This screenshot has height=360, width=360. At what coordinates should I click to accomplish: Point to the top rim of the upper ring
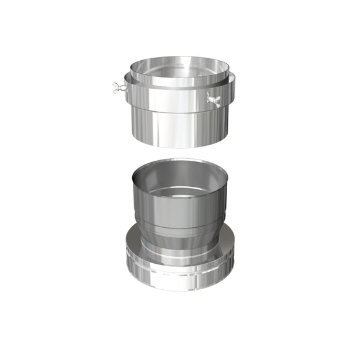tap(180, 58)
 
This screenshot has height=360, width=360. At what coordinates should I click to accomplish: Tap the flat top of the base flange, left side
tap(133, 246)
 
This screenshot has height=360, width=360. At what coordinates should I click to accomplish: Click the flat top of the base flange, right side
tap(226, 246)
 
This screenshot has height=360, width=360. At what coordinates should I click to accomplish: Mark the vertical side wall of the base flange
tap(180, 276)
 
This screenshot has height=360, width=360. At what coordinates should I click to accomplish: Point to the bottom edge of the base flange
tap(180, 290)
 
